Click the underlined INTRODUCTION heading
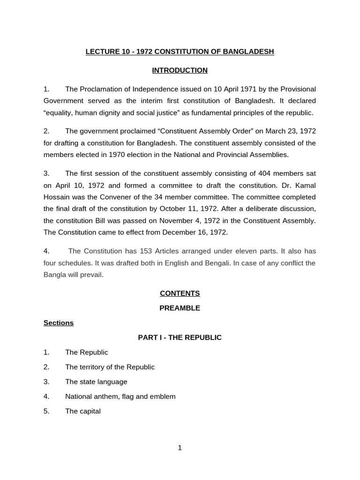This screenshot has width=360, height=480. (x=180, y=70)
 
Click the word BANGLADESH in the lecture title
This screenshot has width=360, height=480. (x=249, y=52)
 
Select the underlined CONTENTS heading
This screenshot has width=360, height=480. (x=180, y=293)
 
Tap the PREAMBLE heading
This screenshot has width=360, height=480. (x=180, y=308)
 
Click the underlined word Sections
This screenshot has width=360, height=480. (x=59, y=323)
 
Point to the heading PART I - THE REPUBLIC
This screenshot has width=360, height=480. (x=180, y=337)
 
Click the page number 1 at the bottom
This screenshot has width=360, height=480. (x=180, y=448)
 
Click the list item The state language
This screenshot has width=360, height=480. (x=96, y=382)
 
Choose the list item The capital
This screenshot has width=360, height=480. (x=83, y=412)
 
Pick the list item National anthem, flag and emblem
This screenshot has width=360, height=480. (x=120, y=397)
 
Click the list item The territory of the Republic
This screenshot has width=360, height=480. (x=110, y=367)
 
